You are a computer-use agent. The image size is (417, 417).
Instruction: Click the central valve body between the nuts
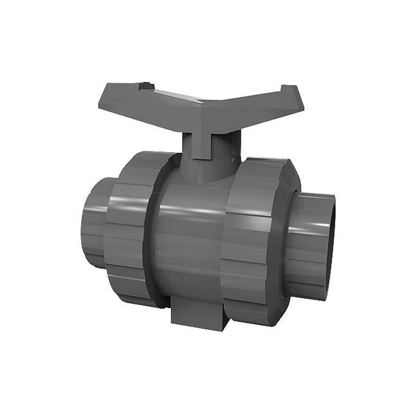click(188, 235)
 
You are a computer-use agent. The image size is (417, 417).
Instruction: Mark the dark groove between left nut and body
click(151, 235)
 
